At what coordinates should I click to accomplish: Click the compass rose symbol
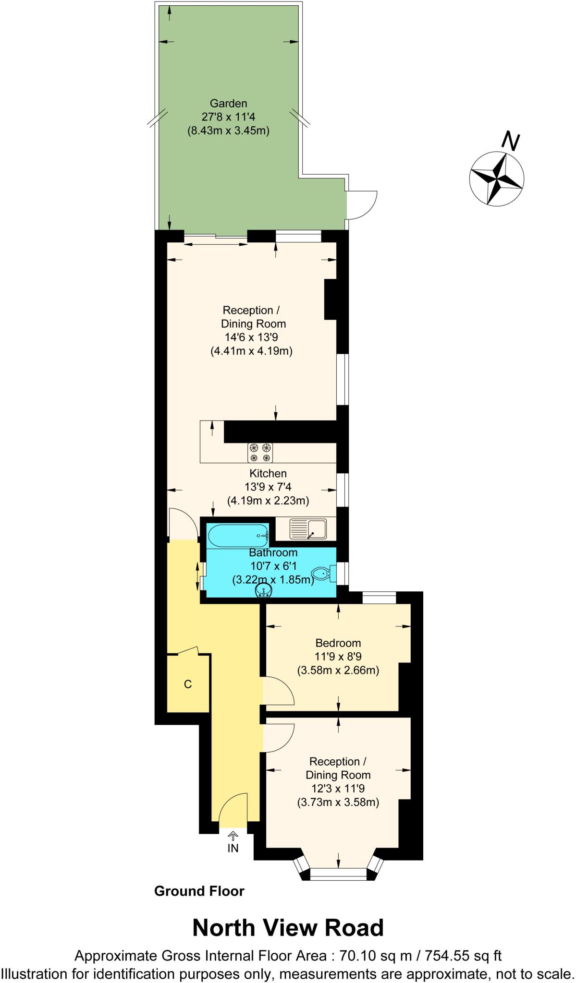(496, 179)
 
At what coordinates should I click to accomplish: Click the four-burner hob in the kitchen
(260, 452)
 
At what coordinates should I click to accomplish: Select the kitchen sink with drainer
(307, 528)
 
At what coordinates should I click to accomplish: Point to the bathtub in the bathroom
(238, 535)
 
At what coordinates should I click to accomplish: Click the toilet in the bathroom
(321, 573)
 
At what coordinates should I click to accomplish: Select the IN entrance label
(233, 849)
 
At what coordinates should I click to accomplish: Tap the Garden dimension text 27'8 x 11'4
(228, 117)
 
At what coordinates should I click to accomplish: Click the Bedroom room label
(338, 643)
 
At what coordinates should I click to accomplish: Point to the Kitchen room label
(268, 474)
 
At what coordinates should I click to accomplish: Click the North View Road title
(288, 928)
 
